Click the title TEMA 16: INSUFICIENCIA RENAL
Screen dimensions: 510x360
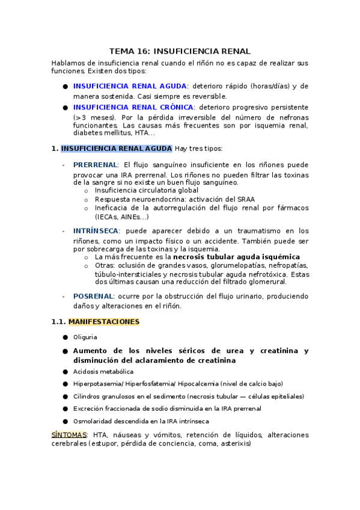180,52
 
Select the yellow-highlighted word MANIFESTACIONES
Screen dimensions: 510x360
104,322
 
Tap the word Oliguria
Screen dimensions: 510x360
85,337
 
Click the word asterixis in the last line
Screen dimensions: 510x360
235,444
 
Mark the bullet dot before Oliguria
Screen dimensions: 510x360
65,337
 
